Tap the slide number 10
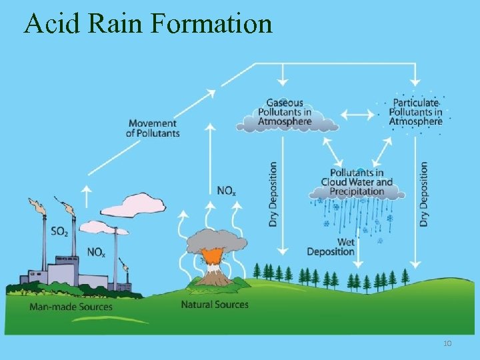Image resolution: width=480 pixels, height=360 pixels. click(447, 343)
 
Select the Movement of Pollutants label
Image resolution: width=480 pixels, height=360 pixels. click(153, 128)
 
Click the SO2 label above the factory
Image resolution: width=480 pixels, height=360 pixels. click(59, 232)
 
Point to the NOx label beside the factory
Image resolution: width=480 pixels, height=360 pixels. click(96, 253)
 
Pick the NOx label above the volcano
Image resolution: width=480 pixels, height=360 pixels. click(226, 191)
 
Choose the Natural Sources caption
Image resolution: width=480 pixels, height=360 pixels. click(215, 305)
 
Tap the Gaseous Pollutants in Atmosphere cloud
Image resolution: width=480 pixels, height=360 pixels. click(285, 113)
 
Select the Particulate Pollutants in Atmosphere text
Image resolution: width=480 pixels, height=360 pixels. click(415, 112)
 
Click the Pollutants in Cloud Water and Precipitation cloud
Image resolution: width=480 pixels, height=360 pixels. click(356, 183)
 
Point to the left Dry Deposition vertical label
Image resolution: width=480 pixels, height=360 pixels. click(273, 194)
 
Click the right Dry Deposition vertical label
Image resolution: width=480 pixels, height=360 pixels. click(424, 194)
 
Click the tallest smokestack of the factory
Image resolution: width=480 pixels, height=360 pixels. click(45, 240)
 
